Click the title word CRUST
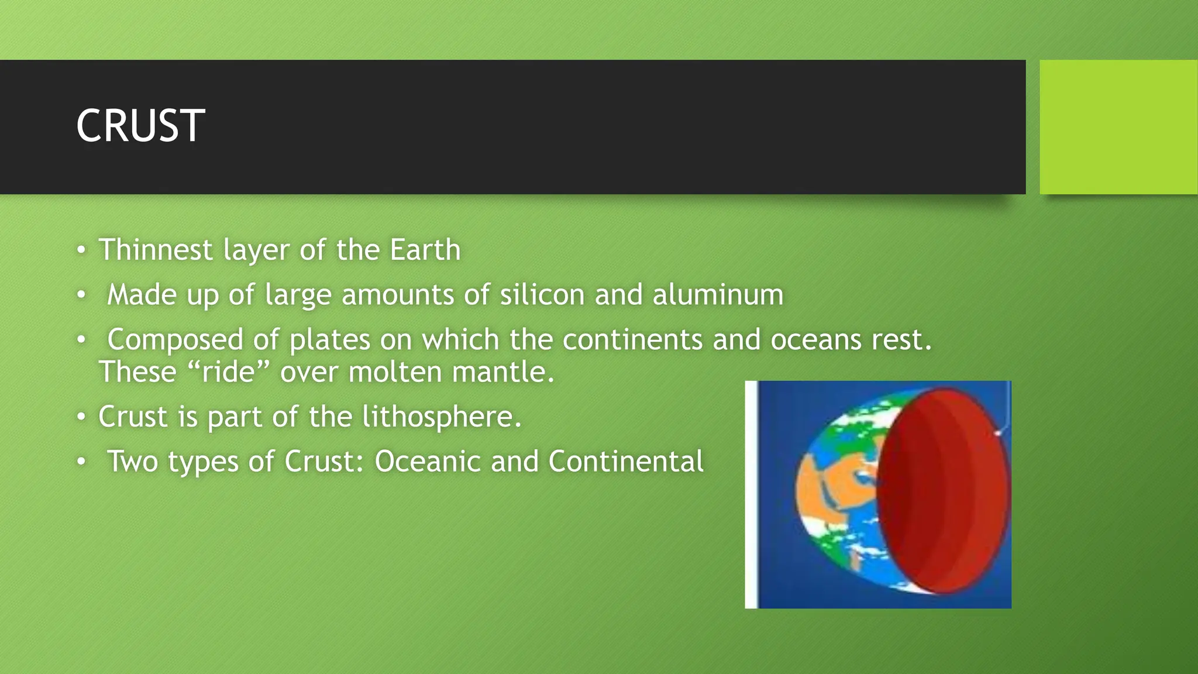(x=140, y=126)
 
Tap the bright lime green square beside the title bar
(x=1118, y=127)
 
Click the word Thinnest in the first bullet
(x=155, y=250)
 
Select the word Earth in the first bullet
(x=425, y=250)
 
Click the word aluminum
(x=718, y=294)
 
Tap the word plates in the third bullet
(x=330, y=340)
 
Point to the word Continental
(x=626, y=462)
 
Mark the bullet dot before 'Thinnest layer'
(x=81, y=250)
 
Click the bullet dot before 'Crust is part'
(x=81, y=417)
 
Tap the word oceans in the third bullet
(x=816, y=340)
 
